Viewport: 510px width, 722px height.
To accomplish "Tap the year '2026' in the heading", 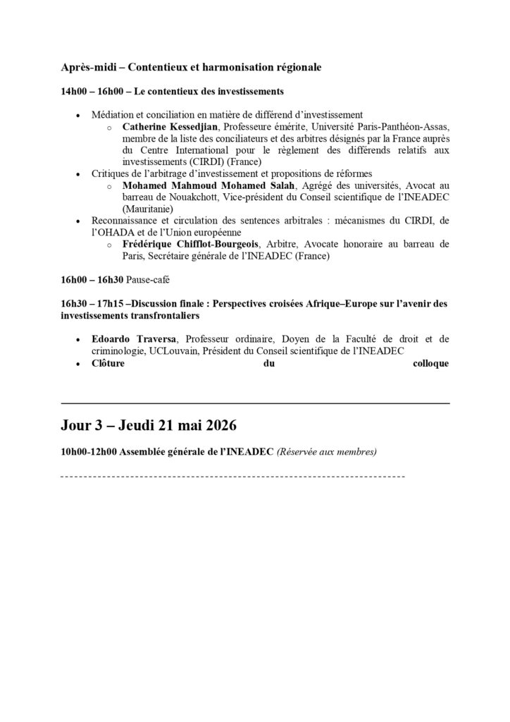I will [217, 427].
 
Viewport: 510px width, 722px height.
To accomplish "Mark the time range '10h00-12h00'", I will [89, 452].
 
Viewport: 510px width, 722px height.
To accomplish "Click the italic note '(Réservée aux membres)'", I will [327, 452].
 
